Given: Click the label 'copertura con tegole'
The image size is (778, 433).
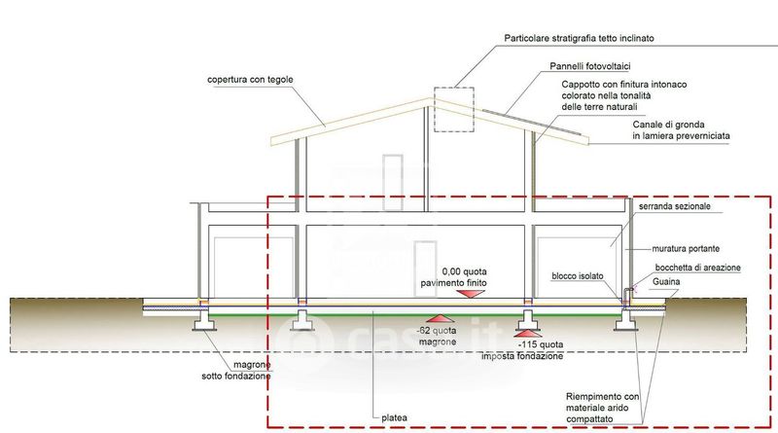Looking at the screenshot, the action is click(250, 80).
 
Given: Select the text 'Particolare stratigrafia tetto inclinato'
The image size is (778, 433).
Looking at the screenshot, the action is click(579, 38).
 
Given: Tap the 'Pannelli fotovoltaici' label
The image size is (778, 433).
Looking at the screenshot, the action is click(590, 66).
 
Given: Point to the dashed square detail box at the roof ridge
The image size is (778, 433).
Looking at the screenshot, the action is click(454, 88).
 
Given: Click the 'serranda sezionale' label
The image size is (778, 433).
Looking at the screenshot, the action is click(674, 206).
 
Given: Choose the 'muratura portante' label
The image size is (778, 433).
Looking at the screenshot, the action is click(686, 248).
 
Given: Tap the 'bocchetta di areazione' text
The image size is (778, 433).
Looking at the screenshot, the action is click(697, 268).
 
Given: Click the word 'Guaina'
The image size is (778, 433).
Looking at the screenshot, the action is click(666, 281).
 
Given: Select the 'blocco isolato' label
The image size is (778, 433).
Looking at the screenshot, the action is click(577, 276).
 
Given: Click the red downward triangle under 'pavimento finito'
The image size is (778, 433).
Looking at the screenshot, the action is click(471, 294).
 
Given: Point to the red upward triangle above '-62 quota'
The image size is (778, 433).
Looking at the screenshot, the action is click(441, 319).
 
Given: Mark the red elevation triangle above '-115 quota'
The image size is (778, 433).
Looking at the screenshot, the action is click(529, 334).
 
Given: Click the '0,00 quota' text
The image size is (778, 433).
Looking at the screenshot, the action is click(464, 271).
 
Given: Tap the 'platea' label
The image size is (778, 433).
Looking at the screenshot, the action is click(395, 418).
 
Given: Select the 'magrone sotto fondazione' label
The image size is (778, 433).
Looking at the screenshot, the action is click(236, 371).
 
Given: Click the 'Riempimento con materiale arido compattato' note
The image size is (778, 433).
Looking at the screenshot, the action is click(602, 408).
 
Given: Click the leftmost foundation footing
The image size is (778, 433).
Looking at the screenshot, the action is click(203, 320).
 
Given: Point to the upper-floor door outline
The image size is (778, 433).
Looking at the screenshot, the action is click(393, 156).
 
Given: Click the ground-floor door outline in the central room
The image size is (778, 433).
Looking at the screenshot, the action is click(425, 242).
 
